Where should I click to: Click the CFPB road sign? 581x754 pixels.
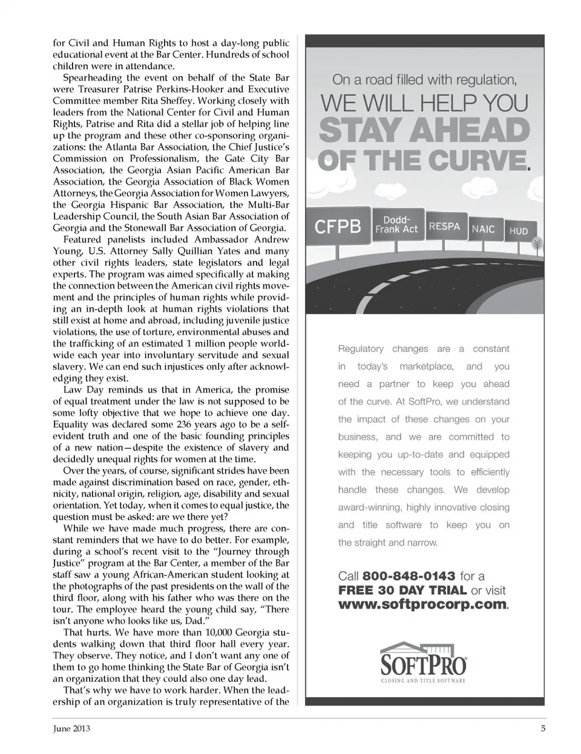coord(338,227)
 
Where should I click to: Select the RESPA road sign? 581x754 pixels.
coord(444,227)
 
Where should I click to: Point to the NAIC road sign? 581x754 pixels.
coord(483,229)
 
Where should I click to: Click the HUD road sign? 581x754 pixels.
coord(518,231)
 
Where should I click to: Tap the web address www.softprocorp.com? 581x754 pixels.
coord(422,604)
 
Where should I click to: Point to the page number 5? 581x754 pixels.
coord(543,729)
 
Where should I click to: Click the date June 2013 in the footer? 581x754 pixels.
coord(71,729)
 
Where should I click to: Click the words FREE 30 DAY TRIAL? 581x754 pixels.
coord(402,590)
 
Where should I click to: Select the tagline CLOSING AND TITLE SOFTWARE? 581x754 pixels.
coord(423,681)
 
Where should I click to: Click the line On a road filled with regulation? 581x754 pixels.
coord(424,79)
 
